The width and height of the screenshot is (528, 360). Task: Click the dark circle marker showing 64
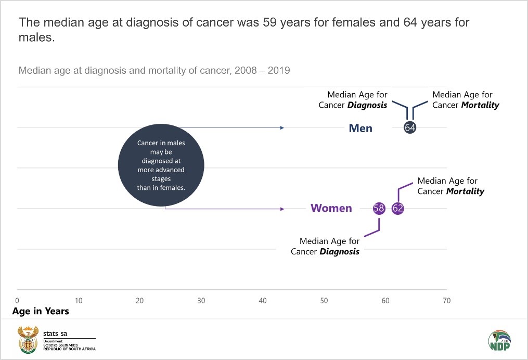410,127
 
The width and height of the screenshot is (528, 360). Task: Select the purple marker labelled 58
379,209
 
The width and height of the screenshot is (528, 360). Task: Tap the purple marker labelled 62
398,209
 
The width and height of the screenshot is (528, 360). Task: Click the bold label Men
360,128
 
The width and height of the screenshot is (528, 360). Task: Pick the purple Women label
331,209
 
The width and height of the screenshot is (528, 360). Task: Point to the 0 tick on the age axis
17,301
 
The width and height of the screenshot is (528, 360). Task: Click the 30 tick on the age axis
201,301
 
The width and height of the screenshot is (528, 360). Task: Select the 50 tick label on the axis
324,301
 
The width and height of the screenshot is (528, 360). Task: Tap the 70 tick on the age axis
446,301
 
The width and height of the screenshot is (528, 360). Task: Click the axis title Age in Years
41,312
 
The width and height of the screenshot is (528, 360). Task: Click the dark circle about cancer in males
161,165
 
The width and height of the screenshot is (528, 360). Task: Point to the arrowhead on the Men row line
282,128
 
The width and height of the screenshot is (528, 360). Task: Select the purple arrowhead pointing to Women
282,209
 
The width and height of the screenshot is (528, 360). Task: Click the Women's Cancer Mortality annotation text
450,186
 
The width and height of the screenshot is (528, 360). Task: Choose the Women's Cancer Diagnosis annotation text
325,247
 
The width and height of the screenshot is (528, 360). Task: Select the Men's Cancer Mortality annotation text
466,100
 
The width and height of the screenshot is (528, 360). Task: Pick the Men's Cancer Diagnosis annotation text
353,100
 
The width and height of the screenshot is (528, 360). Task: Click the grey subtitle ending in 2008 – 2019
154,70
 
